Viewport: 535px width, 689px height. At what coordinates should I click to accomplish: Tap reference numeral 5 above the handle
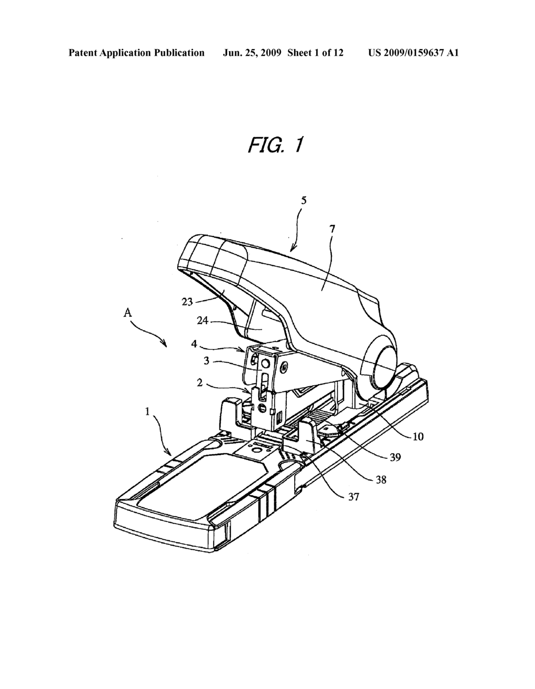[x=304, y=201]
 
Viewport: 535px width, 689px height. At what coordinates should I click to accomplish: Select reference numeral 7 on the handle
[x=332, y=229]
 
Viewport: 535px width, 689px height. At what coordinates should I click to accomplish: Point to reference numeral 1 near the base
[x=147, y=411]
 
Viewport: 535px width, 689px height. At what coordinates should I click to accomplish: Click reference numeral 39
[x=395, y=457]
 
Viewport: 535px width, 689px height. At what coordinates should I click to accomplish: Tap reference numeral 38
[x=381, y=479]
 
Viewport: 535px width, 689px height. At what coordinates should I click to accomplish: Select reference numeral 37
[x=353, y=497]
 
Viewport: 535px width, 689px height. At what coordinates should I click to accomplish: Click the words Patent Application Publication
[x=137, y=53]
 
